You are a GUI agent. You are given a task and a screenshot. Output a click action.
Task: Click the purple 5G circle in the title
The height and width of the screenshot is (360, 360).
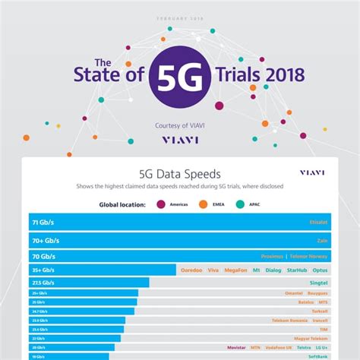(x=180, y=77)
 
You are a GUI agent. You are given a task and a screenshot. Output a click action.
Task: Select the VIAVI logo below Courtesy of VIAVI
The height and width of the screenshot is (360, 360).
(x=179, y=140)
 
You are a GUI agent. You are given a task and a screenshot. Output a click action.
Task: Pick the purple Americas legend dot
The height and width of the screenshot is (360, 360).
(x=160, y=204)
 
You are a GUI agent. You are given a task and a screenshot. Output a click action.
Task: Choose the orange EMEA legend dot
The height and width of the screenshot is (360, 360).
(x=204, y=204)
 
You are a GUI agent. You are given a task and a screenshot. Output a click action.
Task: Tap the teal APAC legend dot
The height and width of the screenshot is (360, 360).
(x=241, y=204)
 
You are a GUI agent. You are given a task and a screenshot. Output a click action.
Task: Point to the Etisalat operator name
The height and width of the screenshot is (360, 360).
(x=314, y=223)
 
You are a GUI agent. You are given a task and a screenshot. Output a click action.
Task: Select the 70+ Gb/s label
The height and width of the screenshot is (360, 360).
(x=45, y=239)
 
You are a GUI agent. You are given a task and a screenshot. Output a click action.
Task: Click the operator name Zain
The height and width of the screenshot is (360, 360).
(x=321, y=239)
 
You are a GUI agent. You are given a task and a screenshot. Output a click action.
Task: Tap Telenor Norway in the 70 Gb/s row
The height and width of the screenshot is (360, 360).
(x=309, y=256)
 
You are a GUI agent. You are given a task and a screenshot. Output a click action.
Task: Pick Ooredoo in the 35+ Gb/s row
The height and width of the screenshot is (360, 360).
(x=191, y=270)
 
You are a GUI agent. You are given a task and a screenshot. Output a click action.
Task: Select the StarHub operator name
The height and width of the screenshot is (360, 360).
(x=296, y=270)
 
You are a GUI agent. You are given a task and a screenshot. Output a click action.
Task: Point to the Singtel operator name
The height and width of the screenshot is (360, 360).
(x=317, y=283)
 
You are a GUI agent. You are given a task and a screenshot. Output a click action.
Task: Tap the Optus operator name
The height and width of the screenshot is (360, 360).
(x=320, y=270)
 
